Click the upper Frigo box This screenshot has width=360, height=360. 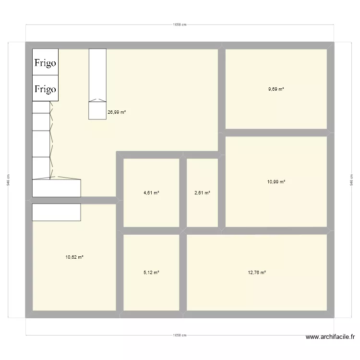(x=45, y=62)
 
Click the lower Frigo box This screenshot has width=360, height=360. (x=45, y=89)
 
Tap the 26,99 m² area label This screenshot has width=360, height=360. (x=117, y=112)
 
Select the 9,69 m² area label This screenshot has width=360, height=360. (x=276, y=89)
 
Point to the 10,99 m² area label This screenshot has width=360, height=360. (x=276, y=181)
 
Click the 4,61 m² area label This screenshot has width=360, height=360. (x=151, y=193)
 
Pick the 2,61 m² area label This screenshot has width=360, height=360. (x=202, y=193)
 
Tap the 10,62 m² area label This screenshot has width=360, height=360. (x=74, y=257)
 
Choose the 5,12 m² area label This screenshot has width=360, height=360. (x=151, y=272)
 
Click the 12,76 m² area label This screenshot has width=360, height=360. (x=257, y=272)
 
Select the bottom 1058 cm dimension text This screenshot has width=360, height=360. (x=180, y=336)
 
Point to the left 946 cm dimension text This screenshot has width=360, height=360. (x=8, y=180)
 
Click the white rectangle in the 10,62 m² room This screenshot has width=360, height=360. (x=56, y=212)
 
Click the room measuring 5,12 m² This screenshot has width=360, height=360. (x=151, y=288)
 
